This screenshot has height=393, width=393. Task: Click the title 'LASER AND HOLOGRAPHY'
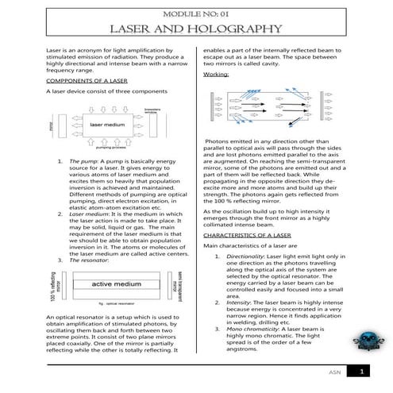195,30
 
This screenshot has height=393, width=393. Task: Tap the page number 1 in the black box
362,371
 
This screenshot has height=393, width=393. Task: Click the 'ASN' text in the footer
334,372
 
